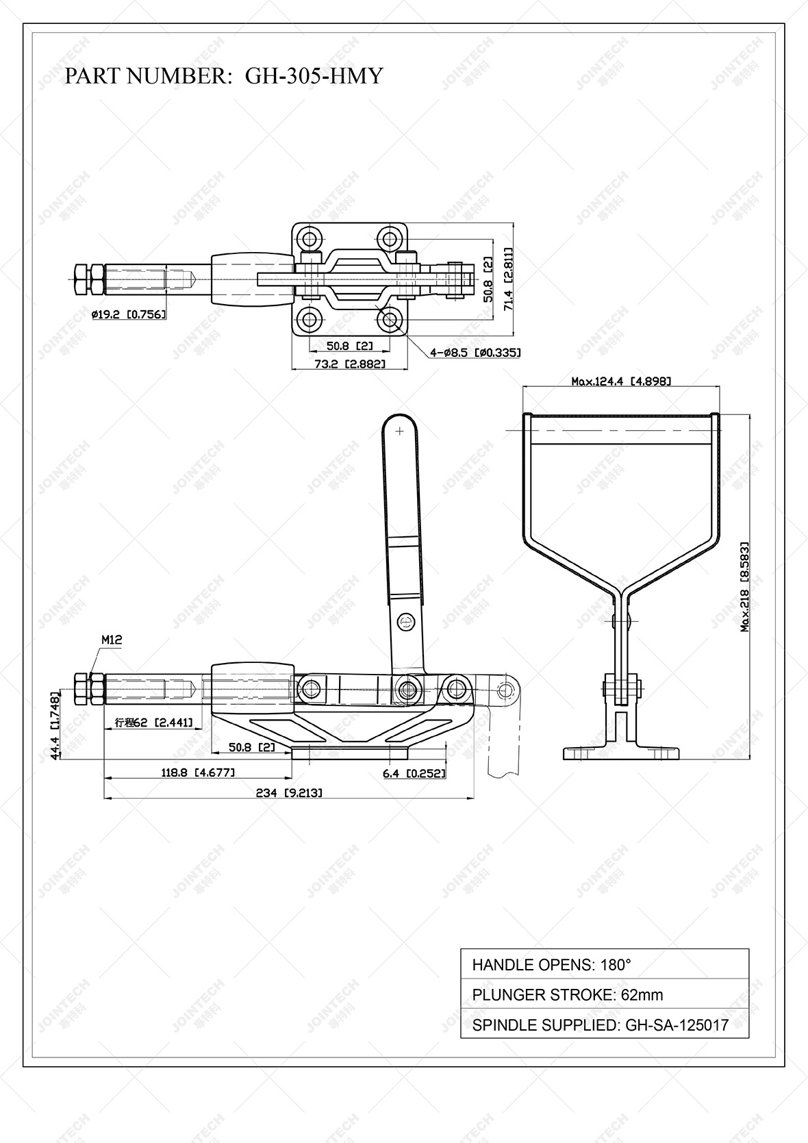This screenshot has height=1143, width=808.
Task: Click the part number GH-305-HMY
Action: (314, 76)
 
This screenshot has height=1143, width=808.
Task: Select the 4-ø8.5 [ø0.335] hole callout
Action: (475, 353)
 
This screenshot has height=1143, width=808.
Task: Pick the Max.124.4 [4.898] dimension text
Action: (620, 381)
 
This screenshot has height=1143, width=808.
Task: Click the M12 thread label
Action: (112, 640)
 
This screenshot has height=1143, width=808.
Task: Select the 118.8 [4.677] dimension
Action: (198, 773)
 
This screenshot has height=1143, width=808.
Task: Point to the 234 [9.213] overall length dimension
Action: (288, 793)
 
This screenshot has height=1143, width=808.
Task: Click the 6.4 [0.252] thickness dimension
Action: (414, 773)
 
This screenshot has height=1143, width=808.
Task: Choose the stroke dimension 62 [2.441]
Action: (153, 723)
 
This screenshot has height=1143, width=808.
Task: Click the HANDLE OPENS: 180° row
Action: (551, 965)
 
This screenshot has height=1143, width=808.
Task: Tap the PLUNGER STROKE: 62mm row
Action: (567, 994)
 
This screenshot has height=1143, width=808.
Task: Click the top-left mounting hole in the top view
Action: (312, 239)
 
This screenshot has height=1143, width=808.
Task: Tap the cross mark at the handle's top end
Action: (399, 431)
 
